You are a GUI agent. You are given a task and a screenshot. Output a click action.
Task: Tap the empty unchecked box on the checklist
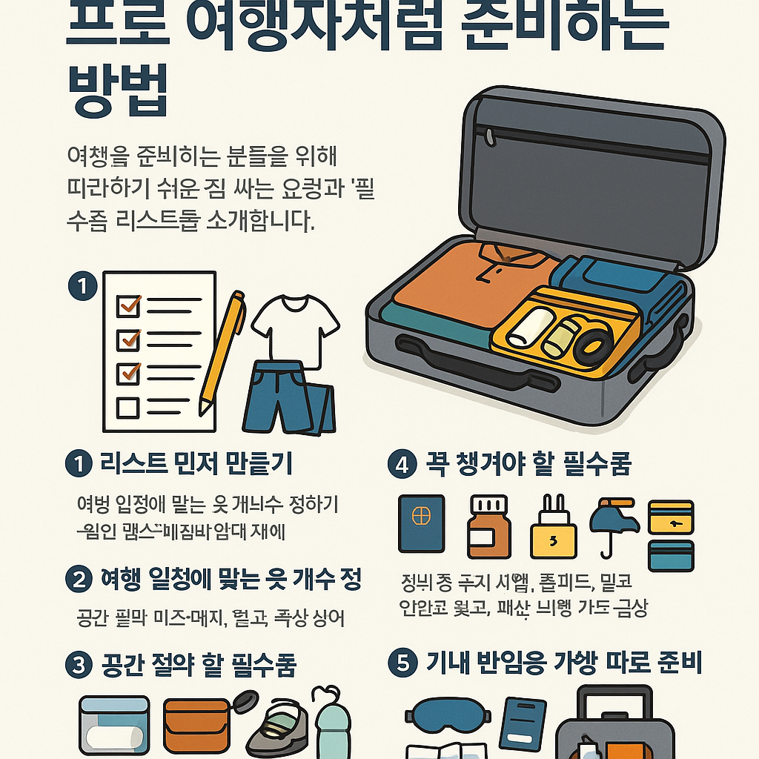click(x=128, y=407)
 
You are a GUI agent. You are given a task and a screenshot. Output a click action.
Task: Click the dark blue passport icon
click(x=421, y=524)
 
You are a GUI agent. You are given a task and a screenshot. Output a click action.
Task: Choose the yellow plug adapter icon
click(x=552, y=529)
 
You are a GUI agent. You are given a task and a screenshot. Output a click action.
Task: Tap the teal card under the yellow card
click(x=671, y=556)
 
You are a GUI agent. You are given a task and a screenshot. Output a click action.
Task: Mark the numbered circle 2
click(x=78, y=580)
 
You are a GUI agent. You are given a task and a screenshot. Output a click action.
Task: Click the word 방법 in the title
click(x=118, y=90)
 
